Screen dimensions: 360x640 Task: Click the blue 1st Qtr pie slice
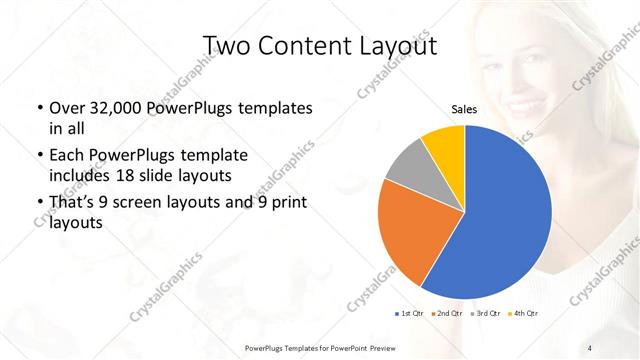[500, 220]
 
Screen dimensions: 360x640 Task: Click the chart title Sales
[464, 109]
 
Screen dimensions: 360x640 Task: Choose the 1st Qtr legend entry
[410, 315]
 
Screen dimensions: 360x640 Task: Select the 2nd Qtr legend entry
[447, 315]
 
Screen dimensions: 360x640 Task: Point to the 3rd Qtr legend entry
[486, 315]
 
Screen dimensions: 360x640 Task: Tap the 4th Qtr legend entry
[524, 315]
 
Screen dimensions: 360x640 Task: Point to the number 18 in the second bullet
[126, 176]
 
